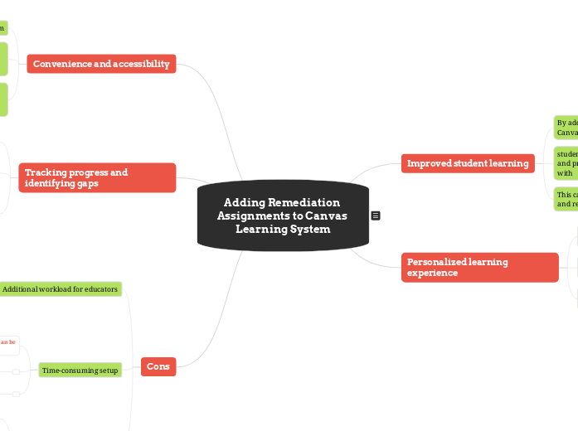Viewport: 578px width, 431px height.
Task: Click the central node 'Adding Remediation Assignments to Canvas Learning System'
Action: [x=283, y=215]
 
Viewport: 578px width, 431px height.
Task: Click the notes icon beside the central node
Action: [x=376, y=215]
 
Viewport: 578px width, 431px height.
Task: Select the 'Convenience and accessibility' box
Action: [x=101, y=64]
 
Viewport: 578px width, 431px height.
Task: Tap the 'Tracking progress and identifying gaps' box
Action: [x=97, y=177]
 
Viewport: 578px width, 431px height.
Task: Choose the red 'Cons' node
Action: [x=158, y=366]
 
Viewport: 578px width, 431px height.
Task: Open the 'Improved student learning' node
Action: [x=468, y=163]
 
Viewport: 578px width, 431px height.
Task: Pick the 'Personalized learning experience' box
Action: [x=479, y=267]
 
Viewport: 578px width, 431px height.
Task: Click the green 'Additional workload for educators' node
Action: [x=60, y=289]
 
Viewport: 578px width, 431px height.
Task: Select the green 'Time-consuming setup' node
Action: [x=80, y=370]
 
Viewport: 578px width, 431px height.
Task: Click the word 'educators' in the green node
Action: [x=100, y=289]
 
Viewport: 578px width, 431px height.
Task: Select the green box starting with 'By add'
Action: [x=566, y=128]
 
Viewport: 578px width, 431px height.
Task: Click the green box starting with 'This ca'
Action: [x=566, y=199]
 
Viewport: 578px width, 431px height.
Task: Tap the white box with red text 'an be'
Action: [x=8, y=341]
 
